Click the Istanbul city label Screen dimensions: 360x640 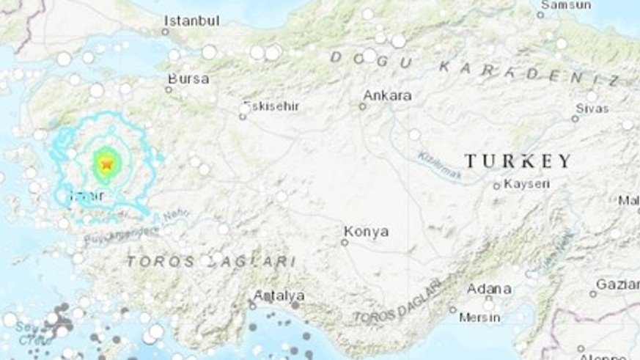pos(191,21)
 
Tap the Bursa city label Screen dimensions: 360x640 pos(188,78)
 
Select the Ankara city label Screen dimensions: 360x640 pos(387,95)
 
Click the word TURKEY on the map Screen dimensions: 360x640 pos(518,161)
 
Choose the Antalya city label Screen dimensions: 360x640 pos(279,295)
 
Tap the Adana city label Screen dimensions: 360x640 pos(489,288)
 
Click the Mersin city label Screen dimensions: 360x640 pos(479,317)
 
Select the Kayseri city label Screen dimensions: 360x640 pos(526,183)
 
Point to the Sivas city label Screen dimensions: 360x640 pos(592,108)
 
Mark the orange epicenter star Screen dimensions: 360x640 pos(106,164)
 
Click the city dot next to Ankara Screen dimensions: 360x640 pos(362,106)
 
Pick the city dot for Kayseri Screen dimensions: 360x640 pos(496,186)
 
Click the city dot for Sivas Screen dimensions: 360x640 pos(575,118)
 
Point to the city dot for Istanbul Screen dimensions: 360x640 pos(165,31)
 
